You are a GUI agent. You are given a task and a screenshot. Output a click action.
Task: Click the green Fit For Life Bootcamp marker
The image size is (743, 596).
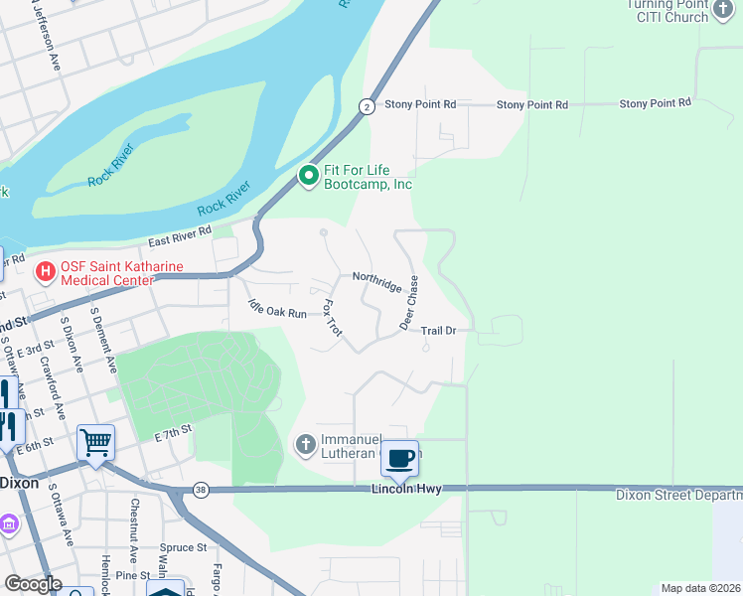click(x=308, y=177)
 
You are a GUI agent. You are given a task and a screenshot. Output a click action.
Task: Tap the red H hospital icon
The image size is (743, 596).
click(x=45, y=271)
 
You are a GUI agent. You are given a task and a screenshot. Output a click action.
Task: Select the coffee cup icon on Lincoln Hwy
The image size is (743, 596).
click(x=400, y=459)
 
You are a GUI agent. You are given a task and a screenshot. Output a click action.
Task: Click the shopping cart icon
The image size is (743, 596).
click(x=96, y=443)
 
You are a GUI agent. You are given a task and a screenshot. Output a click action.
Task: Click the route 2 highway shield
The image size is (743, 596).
click(x=367, y=106)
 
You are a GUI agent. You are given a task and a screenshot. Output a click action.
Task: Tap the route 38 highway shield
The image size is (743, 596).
click(x=202, y=490)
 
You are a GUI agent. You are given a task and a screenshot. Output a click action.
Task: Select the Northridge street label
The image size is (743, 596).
click(x=377, y=282)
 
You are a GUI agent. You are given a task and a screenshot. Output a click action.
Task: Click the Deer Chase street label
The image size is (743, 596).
click(x=409, y=303)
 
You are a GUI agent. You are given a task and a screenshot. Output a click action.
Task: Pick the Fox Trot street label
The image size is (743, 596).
click(x=333, y=318)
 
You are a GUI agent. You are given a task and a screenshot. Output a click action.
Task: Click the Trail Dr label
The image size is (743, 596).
click(x=438, y=330)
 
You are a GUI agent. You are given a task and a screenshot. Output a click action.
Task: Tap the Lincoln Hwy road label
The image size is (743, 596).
click(x=405, y=489)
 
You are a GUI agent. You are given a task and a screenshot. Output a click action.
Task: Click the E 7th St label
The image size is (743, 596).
click(x=172, y=435)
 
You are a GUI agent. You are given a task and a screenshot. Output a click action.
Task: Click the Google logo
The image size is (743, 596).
click(x=32, y=584)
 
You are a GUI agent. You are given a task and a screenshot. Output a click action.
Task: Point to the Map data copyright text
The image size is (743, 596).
click(x=700, y=588)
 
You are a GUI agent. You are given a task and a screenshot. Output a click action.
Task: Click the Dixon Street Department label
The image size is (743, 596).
click(x=678, y=494)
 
